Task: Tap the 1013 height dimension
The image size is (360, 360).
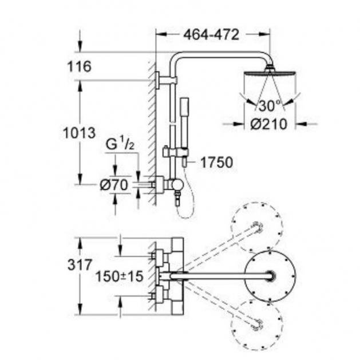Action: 80,133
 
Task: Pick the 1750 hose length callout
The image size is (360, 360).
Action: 216,163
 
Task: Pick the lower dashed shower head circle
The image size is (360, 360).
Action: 256,324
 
